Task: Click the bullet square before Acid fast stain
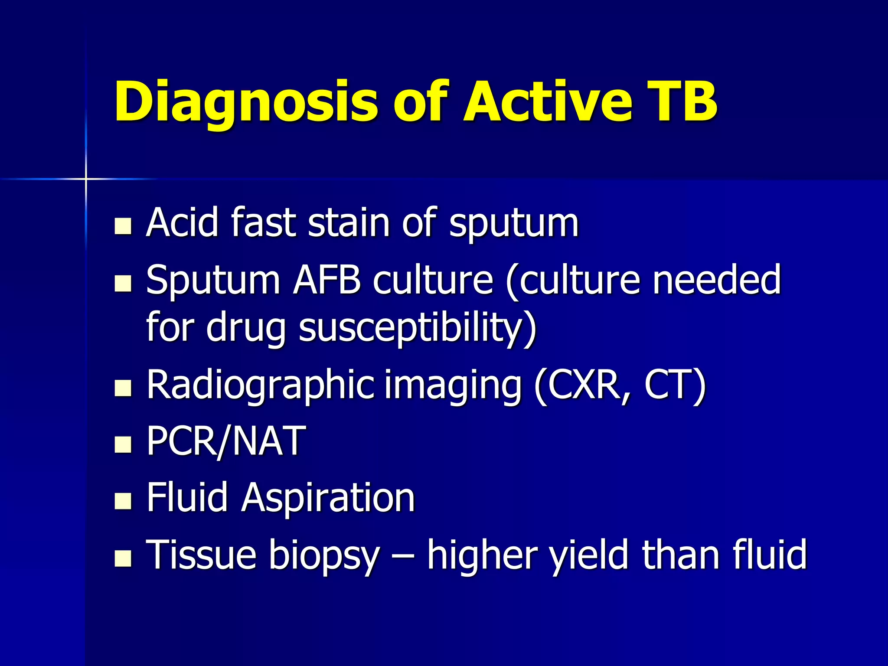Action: (123, 226)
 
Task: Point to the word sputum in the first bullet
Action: (513, 224)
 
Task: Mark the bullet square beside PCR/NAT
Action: (123, 444)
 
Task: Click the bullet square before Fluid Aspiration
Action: (123, 501)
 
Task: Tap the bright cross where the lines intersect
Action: (86, 178)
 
